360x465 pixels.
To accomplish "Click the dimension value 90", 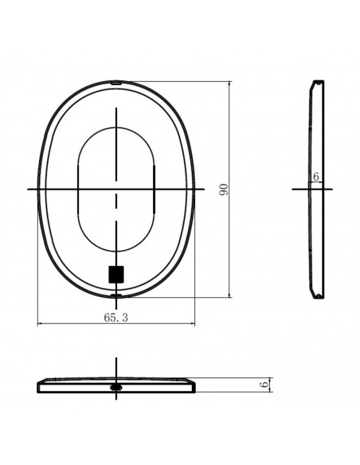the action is click(x=224, y=190).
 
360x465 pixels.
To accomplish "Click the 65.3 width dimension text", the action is click(x=116, y=318).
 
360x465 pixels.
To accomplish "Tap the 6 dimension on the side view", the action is click(x=316, y=177).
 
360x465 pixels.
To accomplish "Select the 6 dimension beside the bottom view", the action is click(x=264, y=385).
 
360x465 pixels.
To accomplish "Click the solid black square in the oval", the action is click(x=116, y=275).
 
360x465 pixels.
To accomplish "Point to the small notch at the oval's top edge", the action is click(x=116, y=83).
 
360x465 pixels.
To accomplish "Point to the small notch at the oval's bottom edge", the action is click(x=116, y=295).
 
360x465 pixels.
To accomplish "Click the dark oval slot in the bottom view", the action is click(x=116, y=387).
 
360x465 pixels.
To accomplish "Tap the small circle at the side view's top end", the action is click(x=319, y=83).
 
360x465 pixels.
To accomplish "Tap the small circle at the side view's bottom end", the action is click(x=319, y=295).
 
